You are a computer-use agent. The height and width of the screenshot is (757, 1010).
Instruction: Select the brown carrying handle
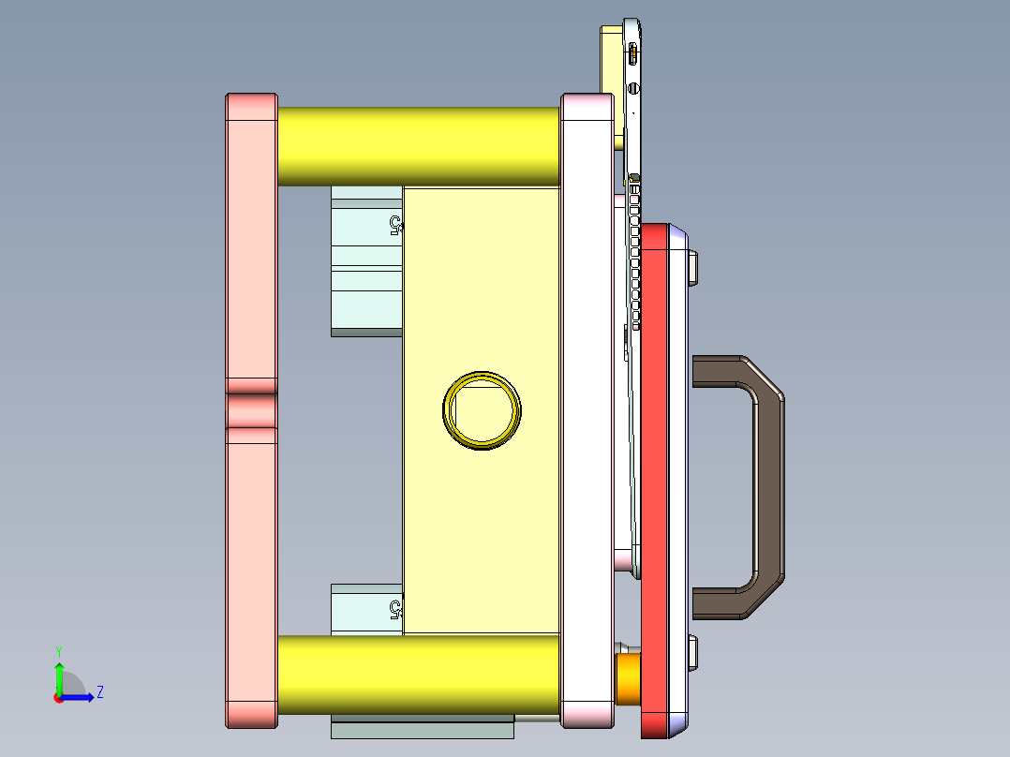tap(767, 487)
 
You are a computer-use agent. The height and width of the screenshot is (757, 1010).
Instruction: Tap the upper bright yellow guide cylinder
tap(418, 145)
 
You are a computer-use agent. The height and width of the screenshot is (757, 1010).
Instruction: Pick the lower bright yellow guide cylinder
tap(418, 673)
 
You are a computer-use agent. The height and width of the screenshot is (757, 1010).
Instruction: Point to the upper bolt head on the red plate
tap(693, 267)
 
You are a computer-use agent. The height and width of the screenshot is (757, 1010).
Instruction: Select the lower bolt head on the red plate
tap(693, 653)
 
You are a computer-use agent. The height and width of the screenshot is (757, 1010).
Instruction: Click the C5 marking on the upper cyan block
tap(395, 225)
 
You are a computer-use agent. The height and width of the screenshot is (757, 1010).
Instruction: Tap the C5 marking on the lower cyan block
tap(395, 610)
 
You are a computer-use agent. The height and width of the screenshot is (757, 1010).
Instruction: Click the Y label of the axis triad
tap(58, 650)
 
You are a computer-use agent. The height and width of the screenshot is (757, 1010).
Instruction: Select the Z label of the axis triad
tap(99, 692)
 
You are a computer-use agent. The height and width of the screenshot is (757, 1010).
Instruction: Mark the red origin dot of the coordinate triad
tap(58, 697)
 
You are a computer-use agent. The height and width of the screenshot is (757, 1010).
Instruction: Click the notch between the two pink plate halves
tap(251, 410)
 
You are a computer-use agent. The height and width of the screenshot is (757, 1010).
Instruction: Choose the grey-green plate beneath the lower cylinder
tap(423, 729)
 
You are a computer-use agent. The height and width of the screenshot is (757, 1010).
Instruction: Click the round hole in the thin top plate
tap(634, 89)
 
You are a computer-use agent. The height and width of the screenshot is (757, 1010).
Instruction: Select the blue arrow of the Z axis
tap(80, 696)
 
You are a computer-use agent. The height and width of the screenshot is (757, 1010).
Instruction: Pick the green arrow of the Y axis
tap(58, 675)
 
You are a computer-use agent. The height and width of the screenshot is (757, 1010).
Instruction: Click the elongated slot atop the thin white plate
tap(634, 53)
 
